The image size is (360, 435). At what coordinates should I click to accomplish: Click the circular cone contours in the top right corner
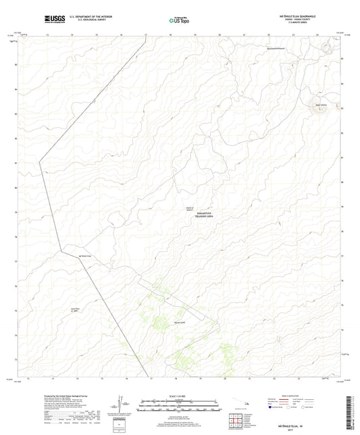point(327,47)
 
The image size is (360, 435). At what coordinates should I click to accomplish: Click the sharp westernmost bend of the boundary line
point(40,161)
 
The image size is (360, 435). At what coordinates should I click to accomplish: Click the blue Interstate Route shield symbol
point(271,407)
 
